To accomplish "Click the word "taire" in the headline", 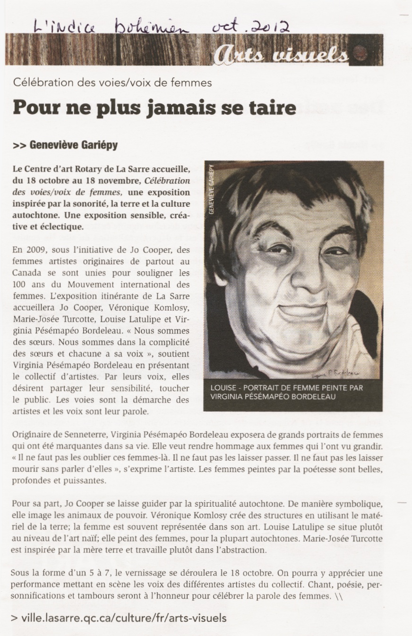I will (271, 108).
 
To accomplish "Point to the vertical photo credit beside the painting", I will (211, 189).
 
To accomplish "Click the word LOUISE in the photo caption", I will (224, 388).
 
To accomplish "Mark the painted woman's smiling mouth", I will (298, 312).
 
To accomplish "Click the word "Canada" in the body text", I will (26, 273).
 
